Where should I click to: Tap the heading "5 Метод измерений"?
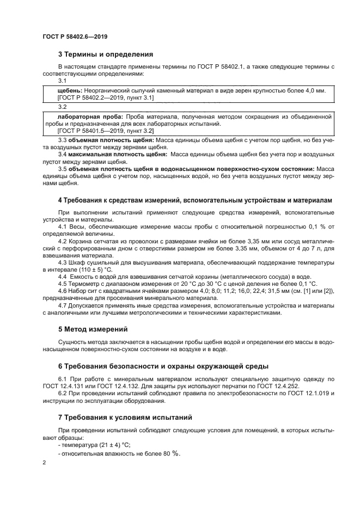(93, 329)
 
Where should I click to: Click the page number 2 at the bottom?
(44, 463)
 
